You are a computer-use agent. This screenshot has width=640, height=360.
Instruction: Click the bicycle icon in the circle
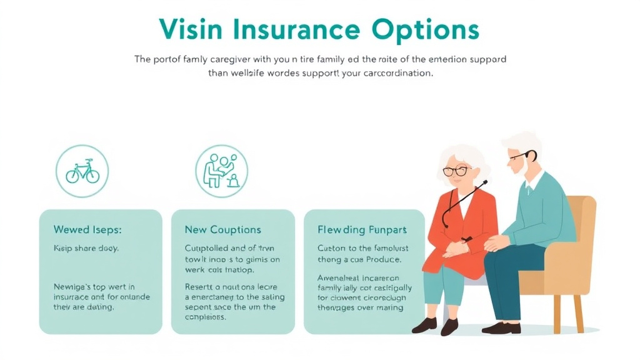click(x=82, y=171)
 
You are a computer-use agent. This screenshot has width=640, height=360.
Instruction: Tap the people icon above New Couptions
click(x=221, y=171)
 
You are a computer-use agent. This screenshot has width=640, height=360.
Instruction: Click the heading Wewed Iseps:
click(x=87, y=230)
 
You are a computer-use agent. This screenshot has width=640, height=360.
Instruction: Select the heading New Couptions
click(x=223, y=230)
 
